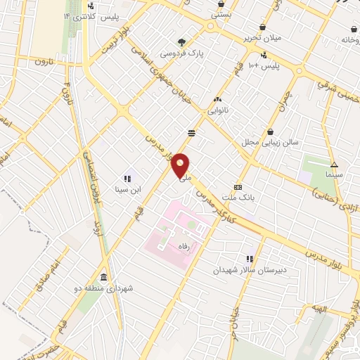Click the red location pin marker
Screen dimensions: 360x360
coord(181,166)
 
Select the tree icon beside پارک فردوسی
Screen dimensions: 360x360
coord(182,42)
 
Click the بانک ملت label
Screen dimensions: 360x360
coord(242,198)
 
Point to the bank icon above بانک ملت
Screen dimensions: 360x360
coord(238,188)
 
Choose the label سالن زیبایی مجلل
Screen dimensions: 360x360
coord(271,142)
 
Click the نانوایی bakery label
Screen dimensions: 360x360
coord(217,111)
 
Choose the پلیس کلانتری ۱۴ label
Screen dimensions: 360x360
coord(92,15)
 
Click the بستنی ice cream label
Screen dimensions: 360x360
coord(223,14)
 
